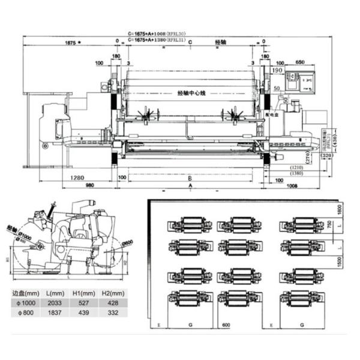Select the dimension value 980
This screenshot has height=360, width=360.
[89, 185]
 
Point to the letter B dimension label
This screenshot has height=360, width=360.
[189, 178]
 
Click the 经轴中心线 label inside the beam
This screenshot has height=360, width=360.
[191, 94]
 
